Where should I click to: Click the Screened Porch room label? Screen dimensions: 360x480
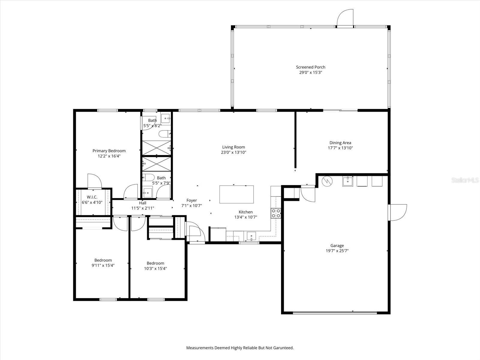pyautogui.click(x=310, y=67)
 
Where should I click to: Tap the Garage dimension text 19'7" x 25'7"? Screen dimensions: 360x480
pyautogui.click(x=337, y=251)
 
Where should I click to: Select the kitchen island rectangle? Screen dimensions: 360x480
pyautogui.click(x=236, y=194)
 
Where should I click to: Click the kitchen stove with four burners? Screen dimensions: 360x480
pyautogui.click(x=276, y=213)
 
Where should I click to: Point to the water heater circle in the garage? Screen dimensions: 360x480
pyautogui.click(x=326, y=181)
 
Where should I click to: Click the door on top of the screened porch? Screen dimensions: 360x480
pyautogui.click(x=345, y=18)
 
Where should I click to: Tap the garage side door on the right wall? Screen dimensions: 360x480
pyautogui.click(x=397, y=212)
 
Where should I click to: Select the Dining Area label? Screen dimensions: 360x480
pyautogui.click(x=340, y=143)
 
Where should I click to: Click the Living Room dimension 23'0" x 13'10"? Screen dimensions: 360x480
pyautogui.click(x=233, y=152)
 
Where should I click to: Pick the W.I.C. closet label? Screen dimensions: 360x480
pyautogui.click(x=92, y=197)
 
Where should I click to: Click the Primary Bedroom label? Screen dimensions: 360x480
pyautogui.click(x=109, y=151)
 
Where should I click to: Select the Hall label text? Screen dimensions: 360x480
pyautogui.click(x=142, y=203)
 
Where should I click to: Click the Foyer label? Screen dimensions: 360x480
pyautogui.click(x=192, y=200)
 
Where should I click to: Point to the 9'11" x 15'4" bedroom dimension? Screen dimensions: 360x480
pyautogui.click(x=103, y=265)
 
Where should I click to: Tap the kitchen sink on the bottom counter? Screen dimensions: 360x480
pyautogui.click(x=251, y=236)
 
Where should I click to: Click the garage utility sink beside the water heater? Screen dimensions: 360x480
pyautogui.click(x=347, y=181)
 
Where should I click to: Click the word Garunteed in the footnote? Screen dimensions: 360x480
pyautogui.click(x=282, y=348)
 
